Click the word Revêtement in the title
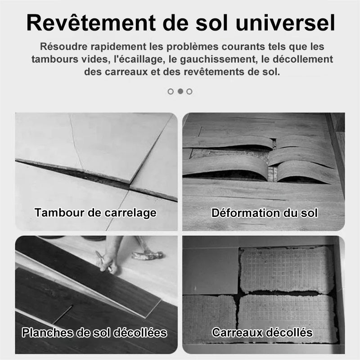(91, 23)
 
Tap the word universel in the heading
(285, 23)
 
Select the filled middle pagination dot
(180, 91)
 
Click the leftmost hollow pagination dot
(171, 92)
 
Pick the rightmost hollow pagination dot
(189, 92)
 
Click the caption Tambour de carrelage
(95, 212)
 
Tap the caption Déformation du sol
(265, 213)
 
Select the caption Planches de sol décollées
(94, 333)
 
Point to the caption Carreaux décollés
(262, 332)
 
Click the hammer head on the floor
(148, 255)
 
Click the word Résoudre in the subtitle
(64, 47)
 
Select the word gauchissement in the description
(218, 59)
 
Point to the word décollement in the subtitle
(303, 59)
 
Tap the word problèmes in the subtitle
(193, 47)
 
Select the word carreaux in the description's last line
(126, 72)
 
